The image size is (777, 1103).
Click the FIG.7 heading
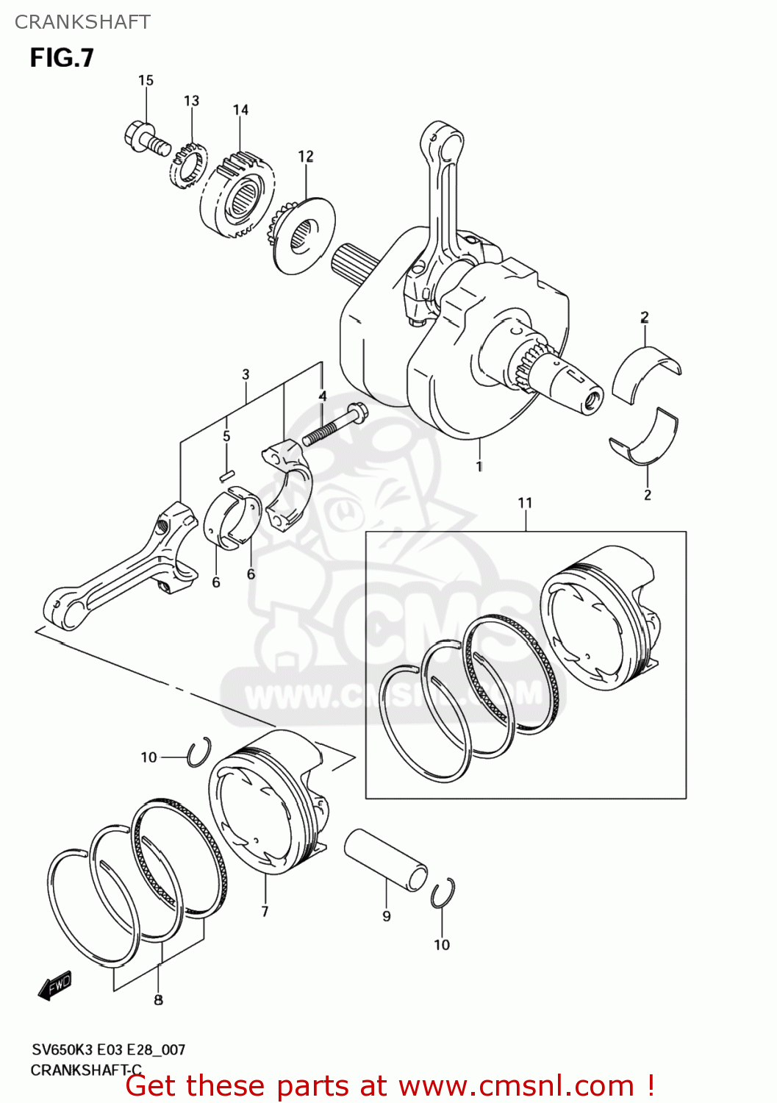62,58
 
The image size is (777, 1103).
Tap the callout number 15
146,80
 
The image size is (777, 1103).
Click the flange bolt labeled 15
146,139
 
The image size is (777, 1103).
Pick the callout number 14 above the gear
240,110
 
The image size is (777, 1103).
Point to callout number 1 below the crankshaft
479,466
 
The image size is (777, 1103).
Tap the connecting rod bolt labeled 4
335,425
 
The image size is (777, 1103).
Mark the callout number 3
246,374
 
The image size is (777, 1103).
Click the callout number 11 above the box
525,503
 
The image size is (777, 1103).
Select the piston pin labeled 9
386,860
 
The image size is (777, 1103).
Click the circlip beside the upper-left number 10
198,752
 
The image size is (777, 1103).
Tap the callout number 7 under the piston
265,912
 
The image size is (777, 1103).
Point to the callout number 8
158,999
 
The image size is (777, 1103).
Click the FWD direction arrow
56,985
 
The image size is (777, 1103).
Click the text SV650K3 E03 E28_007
108,1050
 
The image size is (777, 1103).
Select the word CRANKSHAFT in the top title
82,22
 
